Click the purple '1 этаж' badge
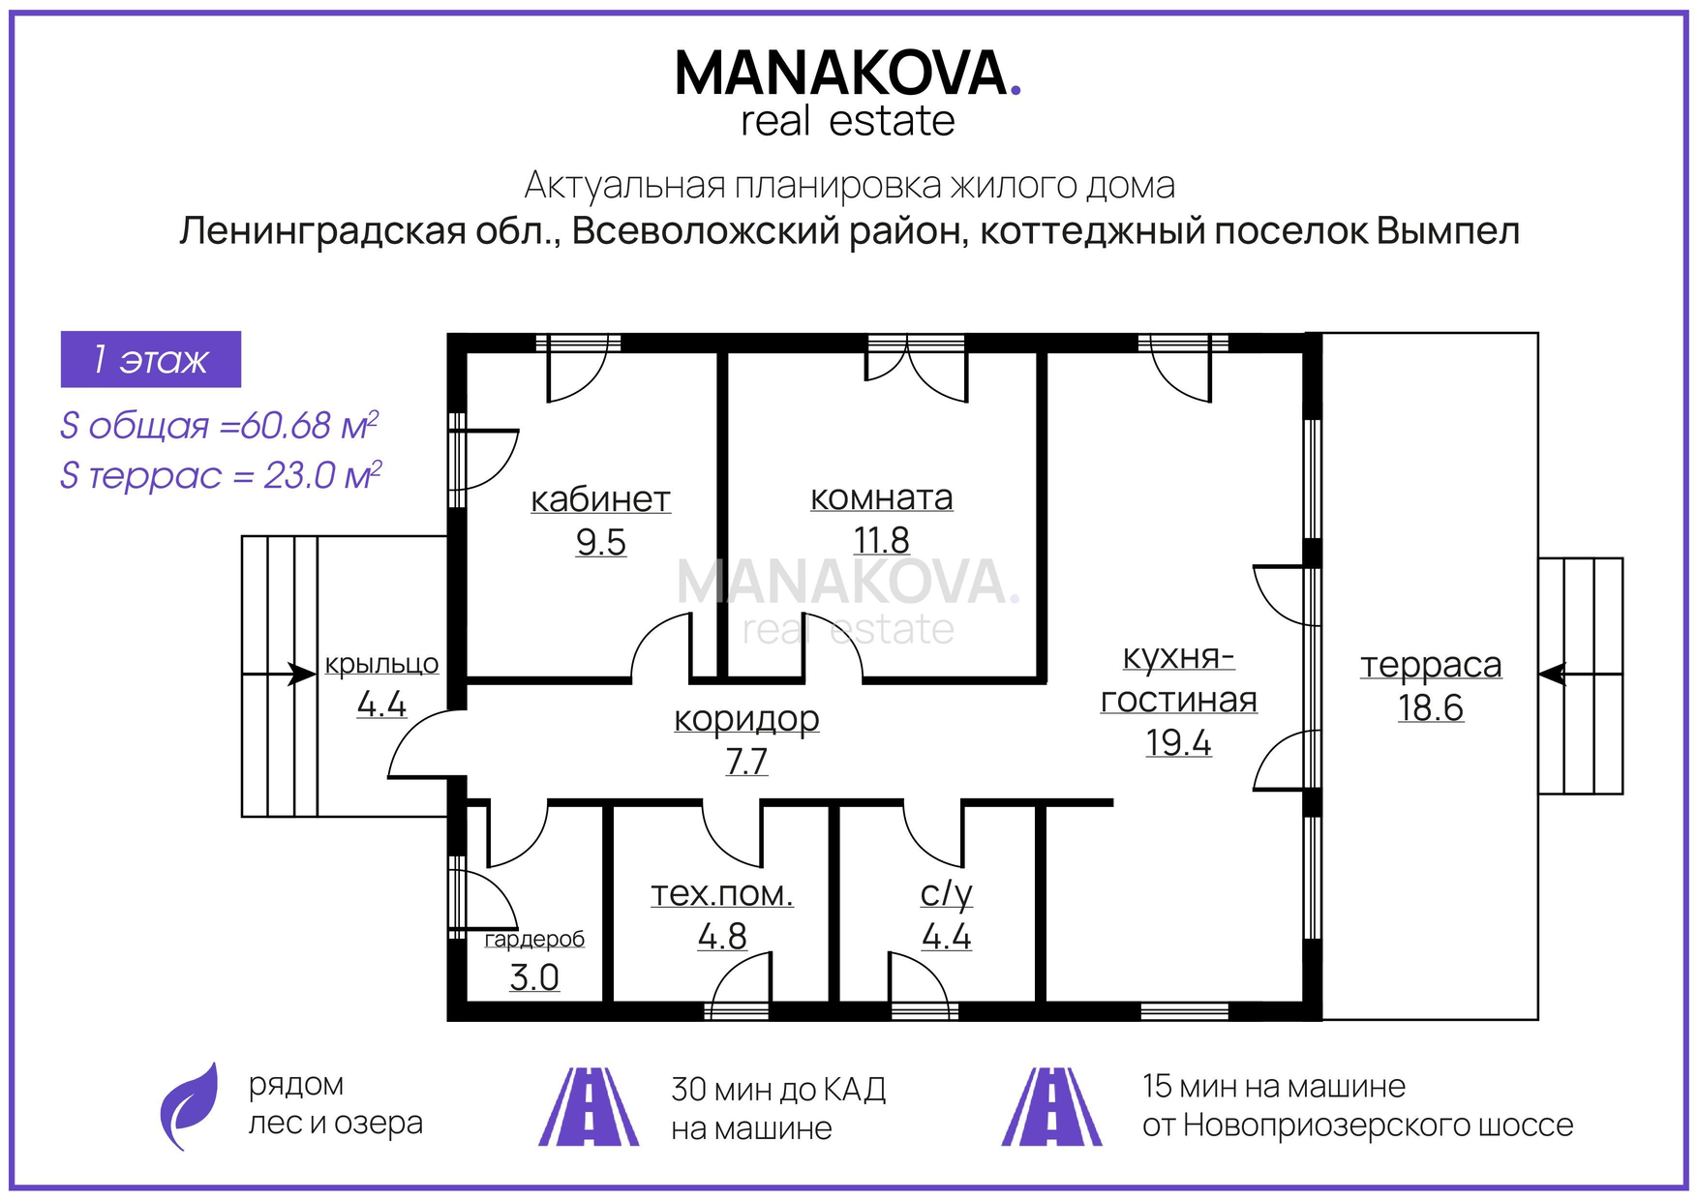tap(151, 359)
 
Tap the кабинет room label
tap(600, 499)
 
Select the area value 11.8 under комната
tap(881, 540)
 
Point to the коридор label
tap(746, 719)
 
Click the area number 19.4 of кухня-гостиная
tap(1178, 742)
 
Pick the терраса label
tap(1431, 666)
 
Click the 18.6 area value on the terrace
tap(1430, 707)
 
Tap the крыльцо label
tap(381, 665)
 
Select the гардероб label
tap(534, 939)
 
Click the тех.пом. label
tap(721, 894)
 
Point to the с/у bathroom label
tap(946, 894)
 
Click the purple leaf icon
tap(190, 1106)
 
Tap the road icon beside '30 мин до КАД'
tap(589, 1106)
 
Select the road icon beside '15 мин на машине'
tap(1051, 1106)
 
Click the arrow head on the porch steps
tap(302, 675)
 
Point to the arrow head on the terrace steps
tap(1552, 675)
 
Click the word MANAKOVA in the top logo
tap(841, 74)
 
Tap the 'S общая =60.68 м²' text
tap(219, 426)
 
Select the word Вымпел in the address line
tap(1447, 232)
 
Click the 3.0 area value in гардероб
tap(534, 977)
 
